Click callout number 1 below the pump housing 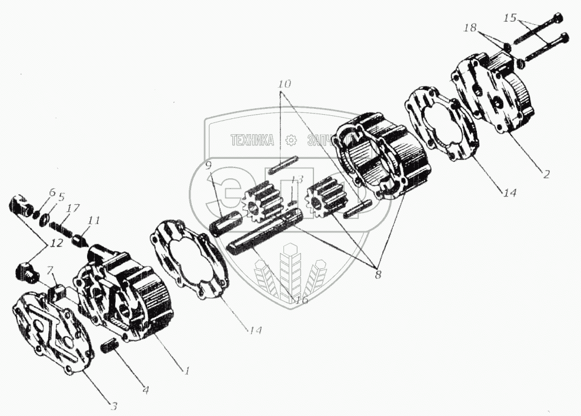(187, 371)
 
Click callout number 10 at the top (284, 84)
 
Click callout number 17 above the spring (73, 208)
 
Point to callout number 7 (51, 270)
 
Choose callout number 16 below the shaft (302, 299)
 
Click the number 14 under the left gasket (255, 331)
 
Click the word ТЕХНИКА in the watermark (252, 140)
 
